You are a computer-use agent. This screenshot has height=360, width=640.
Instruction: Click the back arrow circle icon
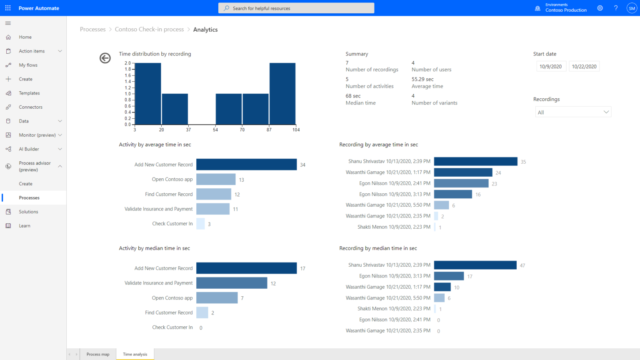(105, 58)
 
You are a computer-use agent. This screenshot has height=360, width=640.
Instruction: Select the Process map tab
(98, 354)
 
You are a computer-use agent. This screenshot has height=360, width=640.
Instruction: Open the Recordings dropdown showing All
(573, 112)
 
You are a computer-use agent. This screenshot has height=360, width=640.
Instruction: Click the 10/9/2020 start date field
(550, 66)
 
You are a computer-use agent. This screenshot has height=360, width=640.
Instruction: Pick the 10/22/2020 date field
(584, 66)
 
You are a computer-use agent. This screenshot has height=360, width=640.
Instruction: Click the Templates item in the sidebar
(29, 93)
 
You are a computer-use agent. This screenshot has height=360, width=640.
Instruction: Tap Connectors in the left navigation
(30, 107)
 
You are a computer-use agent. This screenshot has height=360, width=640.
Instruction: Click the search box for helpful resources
(296, 8)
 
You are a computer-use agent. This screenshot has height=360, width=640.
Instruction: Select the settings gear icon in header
(600, 8)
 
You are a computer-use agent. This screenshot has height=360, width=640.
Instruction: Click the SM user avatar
(632, 8)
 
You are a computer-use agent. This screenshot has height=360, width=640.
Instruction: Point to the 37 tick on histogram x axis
(188, 130)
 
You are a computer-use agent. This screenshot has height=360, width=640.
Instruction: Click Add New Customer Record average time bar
(246, 165)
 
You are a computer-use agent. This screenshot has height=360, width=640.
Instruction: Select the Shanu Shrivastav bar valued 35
(475, 161)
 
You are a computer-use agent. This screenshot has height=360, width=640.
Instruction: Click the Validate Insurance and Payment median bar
(232, 283)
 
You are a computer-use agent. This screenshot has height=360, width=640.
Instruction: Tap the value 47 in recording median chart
(522, 265)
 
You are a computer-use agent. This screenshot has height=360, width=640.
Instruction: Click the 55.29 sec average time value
(422, 79)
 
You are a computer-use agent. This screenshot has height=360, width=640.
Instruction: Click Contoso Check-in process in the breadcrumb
(149, 29)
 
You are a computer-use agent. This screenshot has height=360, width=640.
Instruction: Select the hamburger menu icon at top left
(8, 23)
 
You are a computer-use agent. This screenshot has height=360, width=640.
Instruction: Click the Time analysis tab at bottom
(135, 354)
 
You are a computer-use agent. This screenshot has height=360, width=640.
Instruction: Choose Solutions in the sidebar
(28, 212)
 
